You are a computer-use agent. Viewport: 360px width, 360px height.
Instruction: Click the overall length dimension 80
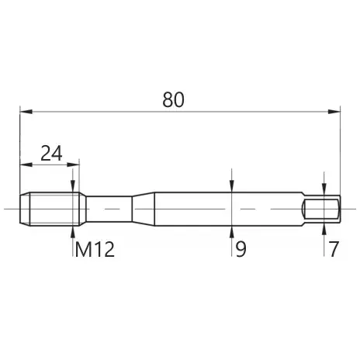(x=173, y=99)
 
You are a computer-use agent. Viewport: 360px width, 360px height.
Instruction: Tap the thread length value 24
(x=51, y=153)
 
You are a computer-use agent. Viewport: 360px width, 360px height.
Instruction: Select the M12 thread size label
(x=95, y=249)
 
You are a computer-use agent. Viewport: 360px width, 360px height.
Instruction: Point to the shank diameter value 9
(x=241, y=249)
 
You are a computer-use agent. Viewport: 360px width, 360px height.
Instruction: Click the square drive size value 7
(x=334, y=249)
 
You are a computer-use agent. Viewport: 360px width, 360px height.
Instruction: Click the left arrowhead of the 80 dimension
(x=26, y=112)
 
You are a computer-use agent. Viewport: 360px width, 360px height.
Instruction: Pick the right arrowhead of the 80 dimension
(x=334, y=112)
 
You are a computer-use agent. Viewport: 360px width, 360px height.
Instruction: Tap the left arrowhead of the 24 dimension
(x=26, y=164)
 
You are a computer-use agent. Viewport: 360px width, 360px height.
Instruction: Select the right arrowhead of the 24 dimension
(x=73, y=164)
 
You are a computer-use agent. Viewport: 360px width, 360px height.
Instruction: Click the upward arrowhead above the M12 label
(x=73, y=232)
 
